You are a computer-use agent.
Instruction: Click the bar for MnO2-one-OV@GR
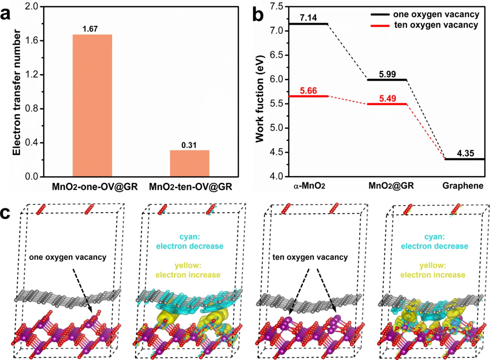pos(92,106)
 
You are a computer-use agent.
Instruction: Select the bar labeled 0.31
pos(190,163)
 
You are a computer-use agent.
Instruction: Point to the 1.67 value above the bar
pos(90,29)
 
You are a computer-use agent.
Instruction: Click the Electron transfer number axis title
pos(17,92)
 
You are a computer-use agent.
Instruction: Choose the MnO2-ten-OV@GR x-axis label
pos(190,187)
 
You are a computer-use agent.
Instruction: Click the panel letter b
pos(258,15)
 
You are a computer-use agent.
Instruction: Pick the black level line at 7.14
pos(309,24)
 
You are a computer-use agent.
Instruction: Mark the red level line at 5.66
pos(309,96)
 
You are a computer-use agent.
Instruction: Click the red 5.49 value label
pos(387,99)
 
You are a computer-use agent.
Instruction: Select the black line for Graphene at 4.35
pos(465,159)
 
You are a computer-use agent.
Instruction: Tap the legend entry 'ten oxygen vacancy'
pos(425,25)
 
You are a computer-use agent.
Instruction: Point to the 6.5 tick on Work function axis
pos(277,55)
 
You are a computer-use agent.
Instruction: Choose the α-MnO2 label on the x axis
pos(309,186)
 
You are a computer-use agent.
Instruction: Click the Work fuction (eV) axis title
pos(260,99)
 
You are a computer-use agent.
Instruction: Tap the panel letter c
pos(6,214)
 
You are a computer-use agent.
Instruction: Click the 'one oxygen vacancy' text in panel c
pos(68,257)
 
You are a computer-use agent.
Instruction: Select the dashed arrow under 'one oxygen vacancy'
pos(83,291)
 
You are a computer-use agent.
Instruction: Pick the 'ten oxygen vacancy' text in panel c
pos(310,257)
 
